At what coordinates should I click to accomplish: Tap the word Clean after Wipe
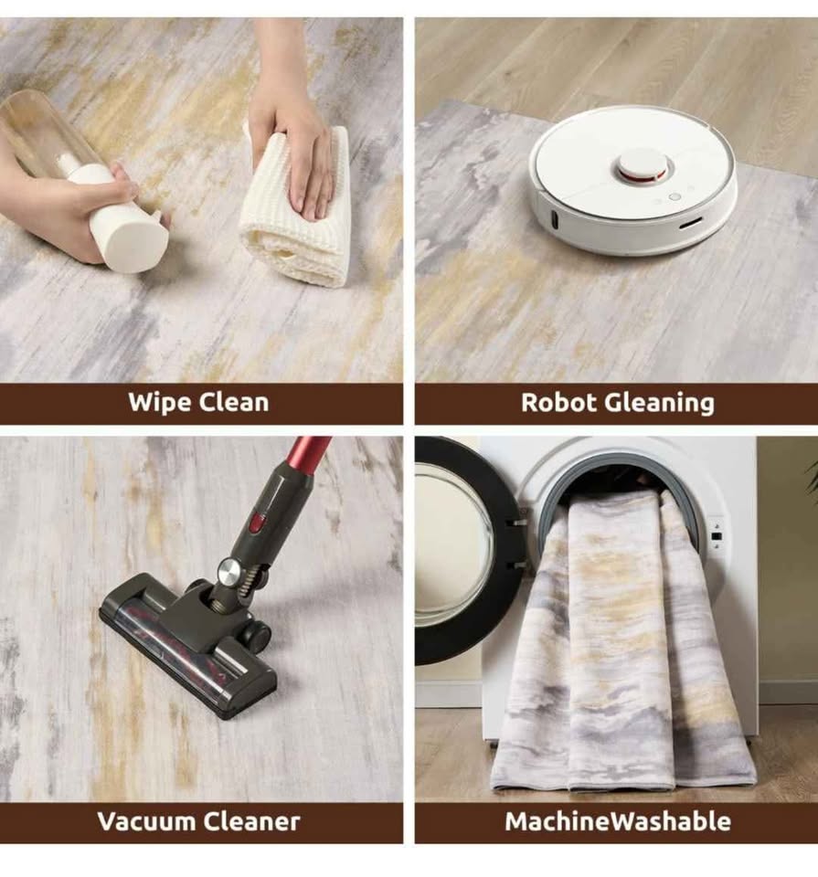(x=234, y=402)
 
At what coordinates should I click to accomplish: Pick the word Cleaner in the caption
(x=251, y=821)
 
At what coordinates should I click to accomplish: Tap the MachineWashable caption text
(x=618, y=821)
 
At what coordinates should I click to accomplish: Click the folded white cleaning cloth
(x=296, y=206)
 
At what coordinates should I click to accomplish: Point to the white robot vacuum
(x=632, y=179)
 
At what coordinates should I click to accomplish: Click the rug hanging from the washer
(x=622, y=643)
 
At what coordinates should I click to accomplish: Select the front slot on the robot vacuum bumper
(x=692, y=225)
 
